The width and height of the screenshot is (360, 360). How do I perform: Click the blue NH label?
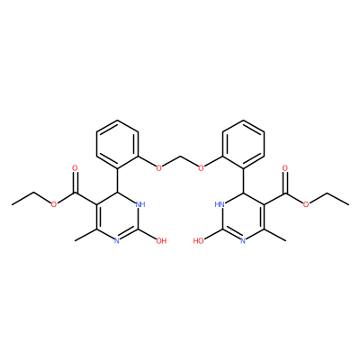tap(140, 205)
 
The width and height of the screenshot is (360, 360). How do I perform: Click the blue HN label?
tap(220, 205)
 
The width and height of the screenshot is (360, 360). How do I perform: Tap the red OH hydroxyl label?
tap(162, 240)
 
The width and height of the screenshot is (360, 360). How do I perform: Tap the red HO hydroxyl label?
tap(199, 240)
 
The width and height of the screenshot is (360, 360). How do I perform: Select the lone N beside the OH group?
tap(117, 240)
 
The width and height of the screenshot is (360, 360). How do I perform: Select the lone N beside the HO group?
tap(243, 240)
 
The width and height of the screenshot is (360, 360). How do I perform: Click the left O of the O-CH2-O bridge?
tap(159, 167)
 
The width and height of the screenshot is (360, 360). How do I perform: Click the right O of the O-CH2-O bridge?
tap(201, 167)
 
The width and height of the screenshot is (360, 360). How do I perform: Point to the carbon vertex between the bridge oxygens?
tap(180, 156)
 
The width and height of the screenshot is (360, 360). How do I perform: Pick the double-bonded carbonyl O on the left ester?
tap(75, 167)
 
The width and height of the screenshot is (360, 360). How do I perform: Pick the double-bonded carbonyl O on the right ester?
tap(285, 167)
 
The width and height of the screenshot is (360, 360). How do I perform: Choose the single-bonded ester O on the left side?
tap(54, 204)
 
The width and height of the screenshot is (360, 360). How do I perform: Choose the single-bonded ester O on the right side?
tap(306, 204)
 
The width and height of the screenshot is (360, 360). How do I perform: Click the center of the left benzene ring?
tap(117, 144)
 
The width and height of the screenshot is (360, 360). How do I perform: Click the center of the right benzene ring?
tap(243, 144)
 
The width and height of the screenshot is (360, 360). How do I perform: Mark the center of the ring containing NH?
tap(117, 217)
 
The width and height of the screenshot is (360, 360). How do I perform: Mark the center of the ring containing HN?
tap(243, 217)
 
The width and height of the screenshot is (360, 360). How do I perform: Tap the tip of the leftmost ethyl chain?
tap(12, 205)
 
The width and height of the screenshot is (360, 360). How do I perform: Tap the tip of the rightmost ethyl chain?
tap(348, 205)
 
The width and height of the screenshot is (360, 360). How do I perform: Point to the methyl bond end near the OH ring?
tap(75, 240)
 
